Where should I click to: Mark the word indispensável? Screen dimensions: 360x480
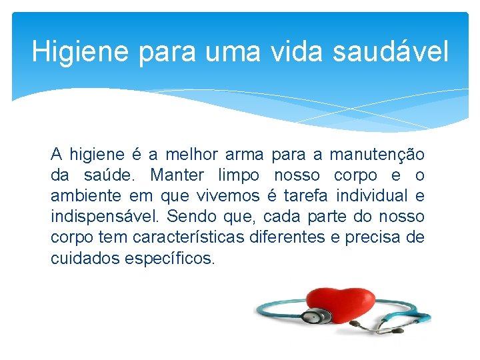click(105, 217)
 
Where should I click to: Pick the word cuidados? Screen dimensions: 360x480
click(85, 258)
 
